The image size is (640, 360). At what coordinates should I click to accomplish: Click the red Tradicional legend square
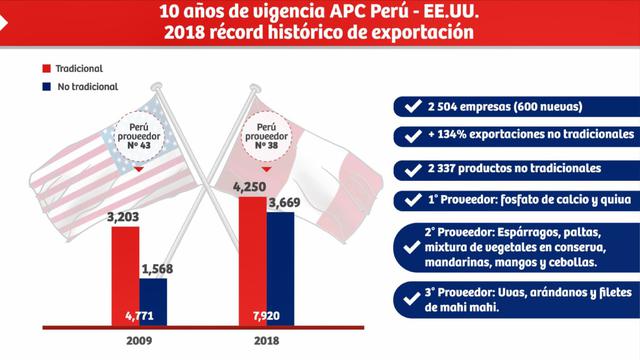[46, 69]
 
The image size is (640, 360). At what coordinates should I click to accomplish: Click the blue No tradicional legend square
[46, 87]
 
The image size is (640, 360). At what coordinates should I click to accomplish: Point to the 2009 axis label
[139, 340]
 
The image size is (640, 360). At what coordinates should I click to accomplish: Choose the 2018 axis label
[265, 340]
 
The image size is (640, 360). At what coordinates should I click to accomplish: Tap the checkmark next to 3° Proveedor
[409, 297]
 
